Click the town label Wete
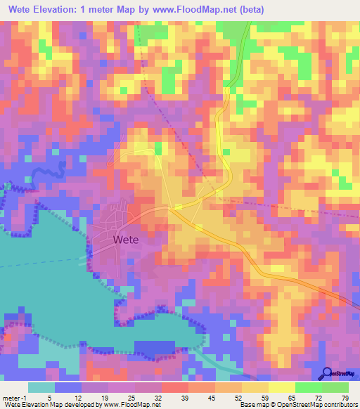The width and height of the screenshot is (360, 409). (125, 239)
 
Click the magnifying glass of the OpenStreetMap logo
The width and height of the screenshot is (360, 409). (326, 372)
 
